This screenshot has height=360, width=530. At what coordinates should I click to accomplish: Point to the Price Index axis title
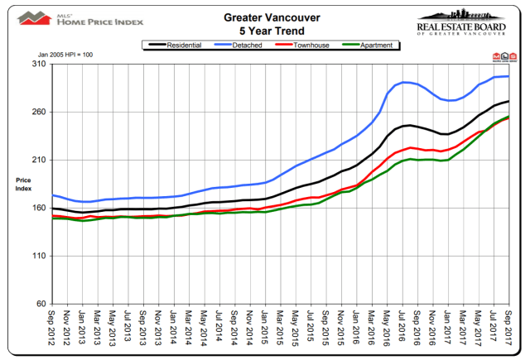22,184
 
